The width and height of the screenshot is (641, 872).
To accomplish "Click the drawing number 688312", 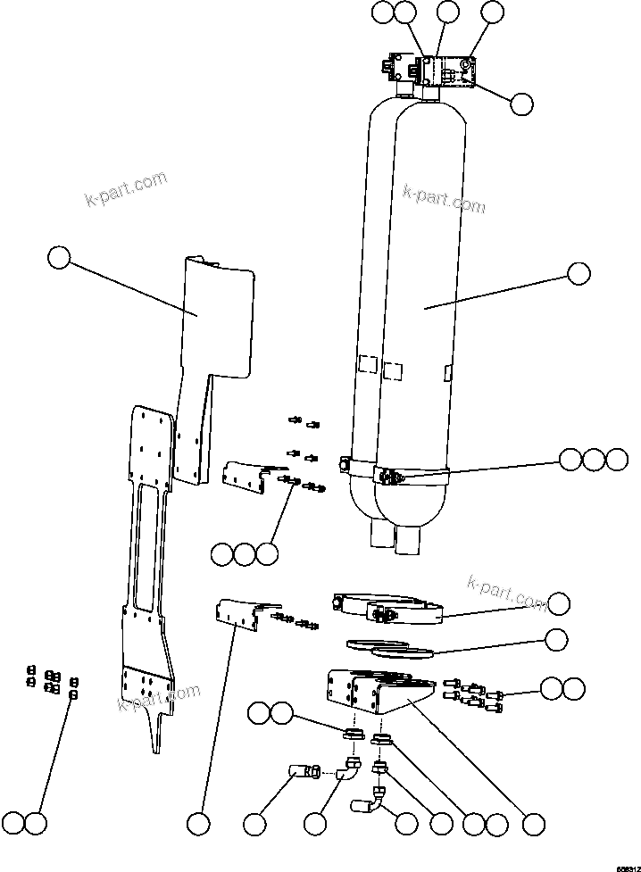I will pos(626,866).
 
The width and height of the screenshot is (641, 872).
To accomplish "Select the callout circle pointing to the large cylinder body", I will pos(579,274).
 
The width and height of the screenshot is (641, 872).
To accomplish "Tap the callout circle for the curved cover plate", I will pos(59,259).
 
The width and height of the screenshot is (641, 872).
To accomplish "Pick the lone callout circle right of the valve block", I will pos(522,104).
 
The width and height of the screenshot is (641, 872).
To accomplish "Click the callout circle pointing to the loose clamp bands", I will pos(559,603).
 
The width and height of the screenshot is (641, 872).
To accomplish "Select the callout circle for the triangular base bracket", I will pos(534,822).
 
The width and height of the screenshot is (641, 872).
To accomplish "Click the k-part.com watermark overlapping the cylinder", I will pos(444,198).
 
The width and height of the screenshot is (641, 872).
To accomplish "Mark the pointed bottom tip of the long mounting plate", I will pos(157,745).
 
